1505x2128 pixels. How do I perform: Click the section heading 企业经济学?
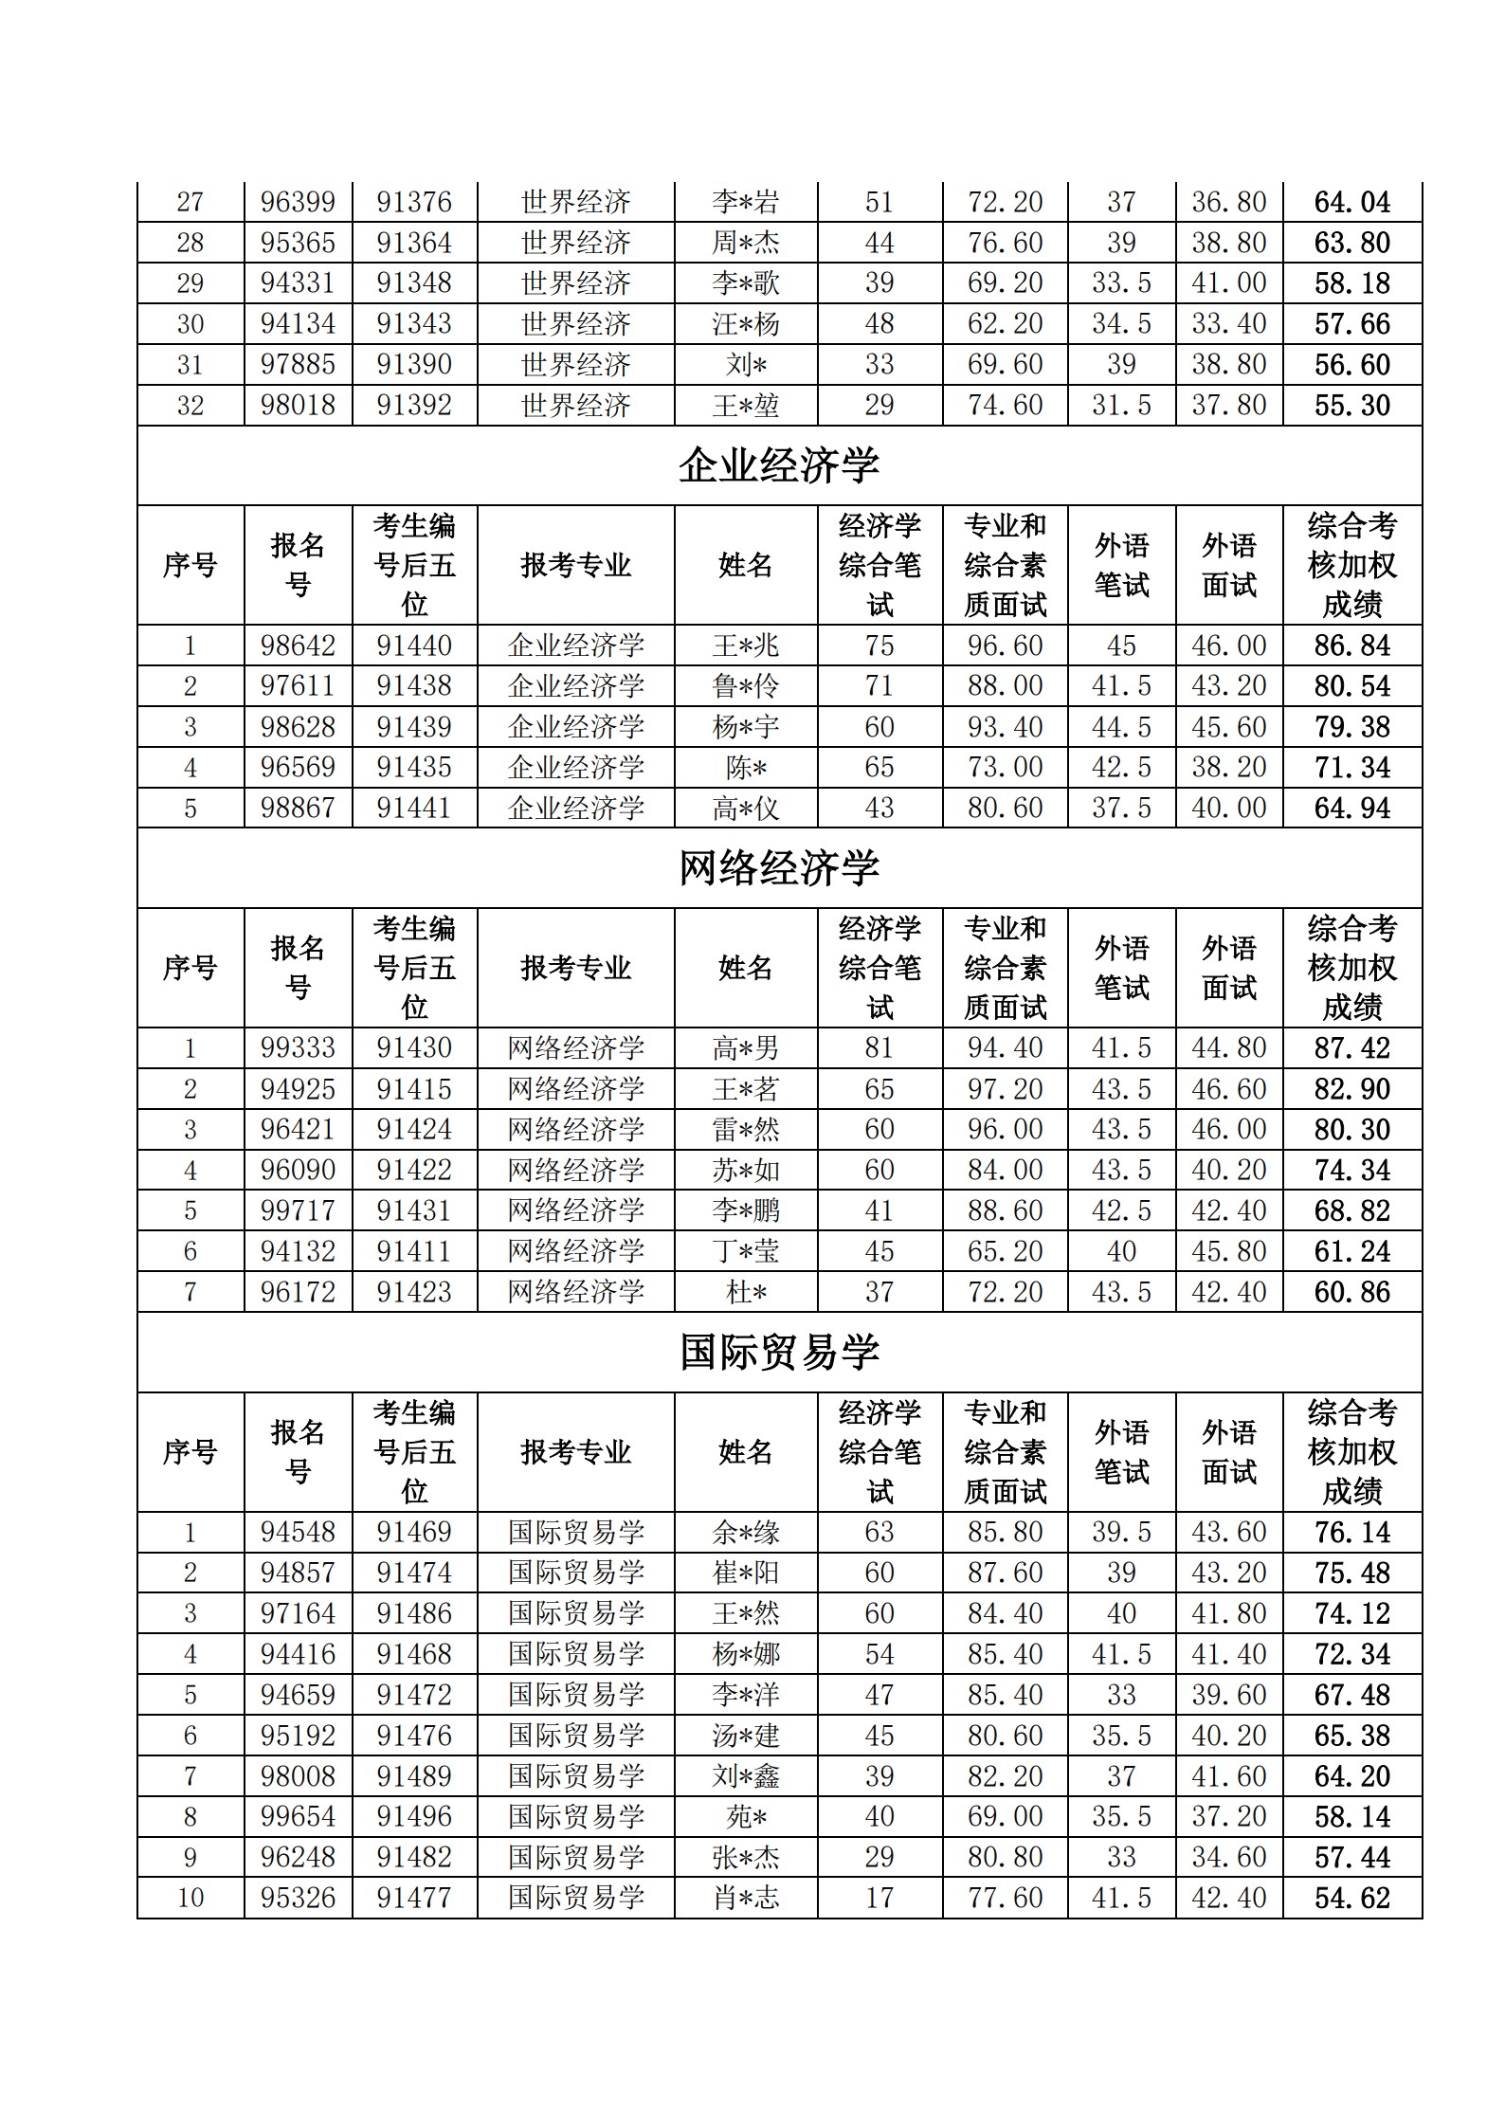[x=779, y=465]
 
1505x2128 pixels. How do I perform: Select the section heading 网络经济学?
[x=779, y=868]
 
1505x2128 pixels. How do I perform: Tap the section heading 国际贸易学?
[x=779, y=1353]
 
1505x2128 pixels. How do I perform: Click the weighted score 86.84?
[x=1351, y=646]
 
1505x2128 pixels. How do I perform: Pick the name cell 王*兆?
[x=746, y=646]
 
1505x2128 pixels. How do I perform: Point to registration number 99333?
[x=298, y=1047]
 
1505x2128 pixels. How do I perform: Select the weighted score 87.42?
[x=1351, y=1048]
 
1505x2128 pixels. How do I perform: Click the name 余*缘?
[x=746, y=1532]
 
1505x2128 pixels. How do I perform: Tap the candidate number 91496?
[x=414, y=1816]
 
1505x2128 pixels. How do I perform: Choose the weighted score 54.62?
[x=1351, y=1898]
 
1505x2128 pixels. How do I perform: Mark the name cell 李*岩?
[x=746, y=202]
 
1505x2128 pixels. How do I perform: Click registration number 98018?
[x=298, y=405]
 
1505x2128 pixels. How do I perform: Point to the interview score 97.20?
[x=1005, y=1088]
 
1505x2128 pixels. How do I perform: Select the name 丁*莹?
[x=746, y=1251]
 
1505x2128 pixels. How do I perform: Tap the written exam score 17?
[x=879, y=1898]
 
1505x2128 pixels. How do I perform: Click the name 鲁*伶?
[x=746, y=685]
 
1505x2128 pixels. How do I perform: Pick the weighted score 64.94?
[x=1351, y=809]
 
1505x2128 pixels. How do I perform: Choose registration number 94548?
[x=298, y=1532]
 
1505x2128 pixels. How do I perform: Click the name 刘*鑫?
[x=746, y=1776]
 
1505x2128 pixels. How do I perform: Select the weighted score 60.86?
[x=1351, y=1292]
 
